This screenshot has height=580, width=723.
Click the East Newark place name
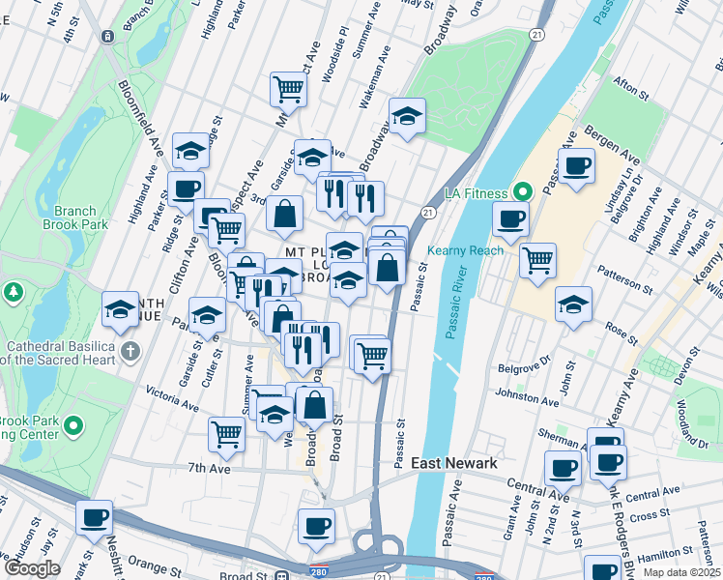point(454,463)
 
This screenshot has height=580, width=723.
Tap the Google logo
point(33,568)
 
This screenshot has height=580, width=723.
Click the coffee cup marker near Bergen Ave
point(576,165)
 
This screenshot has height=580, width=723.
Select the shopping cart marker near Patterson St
point(537,259)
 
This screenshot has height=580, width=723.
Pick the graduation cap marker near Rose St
point(573,304)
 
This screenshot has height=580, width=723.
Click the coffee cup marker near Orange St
point(94,518)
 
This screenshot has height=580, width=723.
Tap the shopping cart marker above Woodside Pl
point(288,88)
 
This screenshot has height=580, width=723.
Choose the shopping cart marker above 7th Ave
point(226,433)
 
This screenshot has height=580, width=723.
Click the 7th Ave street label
point(209,468)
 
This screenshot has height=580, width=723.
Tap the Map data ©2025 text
point(681,572)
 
